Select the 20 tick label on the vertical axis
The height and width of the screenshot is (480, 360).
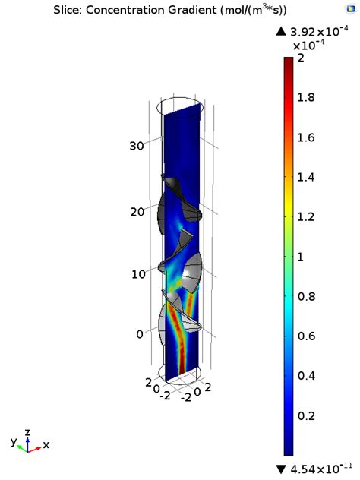click(x=136, y=212)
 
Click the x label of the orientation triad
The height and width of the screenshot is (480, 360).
click(x=46, y=445)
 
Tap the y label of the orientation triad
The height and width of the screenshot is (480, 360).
click(x=13, y=441)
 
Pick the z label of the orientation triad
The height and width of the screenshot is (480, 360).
click(x=28, y=431)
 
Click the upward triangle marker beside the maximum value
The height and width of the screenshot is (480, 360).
click(x=281, y=31)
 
